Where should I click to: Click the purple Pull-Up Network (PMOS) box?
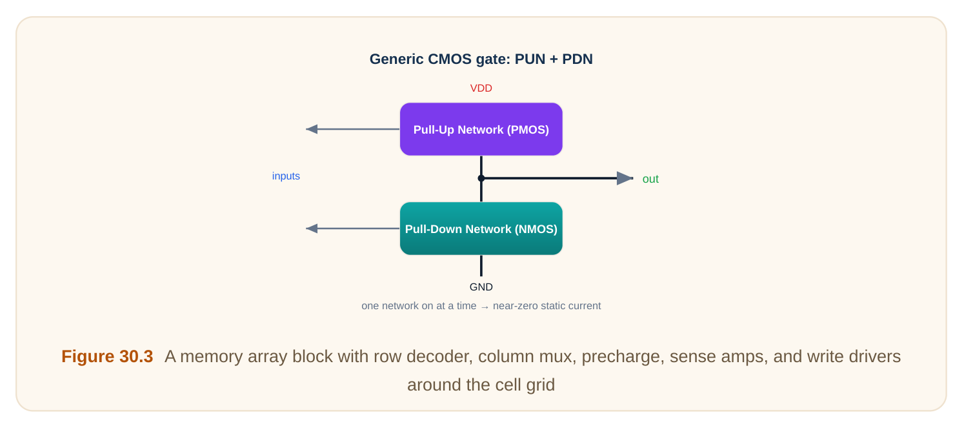pyautogui.click(x=481, y=129)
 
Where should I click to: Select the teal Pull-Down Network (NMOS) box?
pyautogui.click(x=481, y=229)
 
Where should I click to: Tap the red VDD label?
pyautogui.click(x=481, y=88)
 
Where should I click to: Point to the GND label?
pyautogui.click(x=481, y=287)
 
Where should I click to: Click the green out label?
pyautogui.click(x=650, y=179)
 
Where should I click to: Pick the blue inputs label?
pyautogui.click(x=286, y=176)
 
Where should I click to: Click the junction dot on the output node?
pyautogui.click(x=481, y=178)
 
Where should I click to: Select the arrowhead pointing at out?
pyautogui.click(x=625, y=178)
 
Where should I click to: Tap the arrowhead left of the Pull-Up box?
pyautogui.click(x=312, y=129)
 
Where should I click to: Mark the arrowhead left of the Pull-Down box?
pyautogui.click(x=312, y=229)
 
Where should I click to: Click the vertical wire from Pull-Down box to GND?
pyautogui.click(x=481, y=266)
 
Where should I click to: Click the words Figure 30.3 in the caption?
pyautogui.click(x=107, y=356)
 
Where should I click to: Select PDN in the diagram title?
pyautogui.click(x=575, y=59)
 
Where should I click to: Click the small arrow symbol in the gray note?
pyautogui.click(x=485, y=307)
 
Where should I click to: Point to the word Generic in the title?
pyautogui.click(x=396, y=59)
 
